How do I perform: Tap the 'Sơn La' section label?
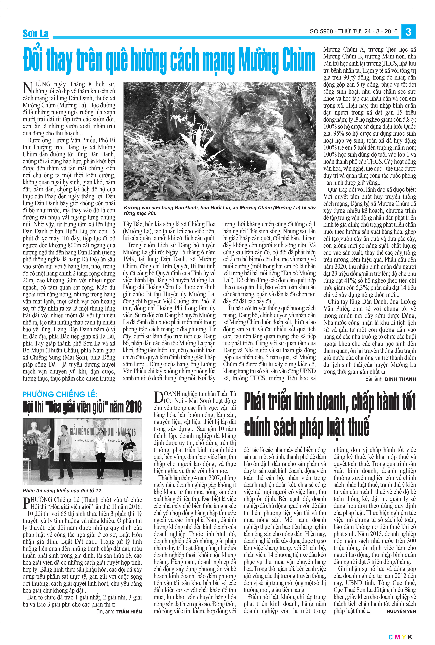(35, 34)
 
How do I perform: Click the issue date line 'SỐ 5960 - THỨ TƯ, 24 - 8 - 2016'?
(354, 31)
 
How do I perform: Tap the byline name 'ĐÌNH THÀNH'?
(400, 379)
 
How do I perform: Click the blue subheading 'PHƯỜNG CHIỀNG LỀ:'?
(60, 394)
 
